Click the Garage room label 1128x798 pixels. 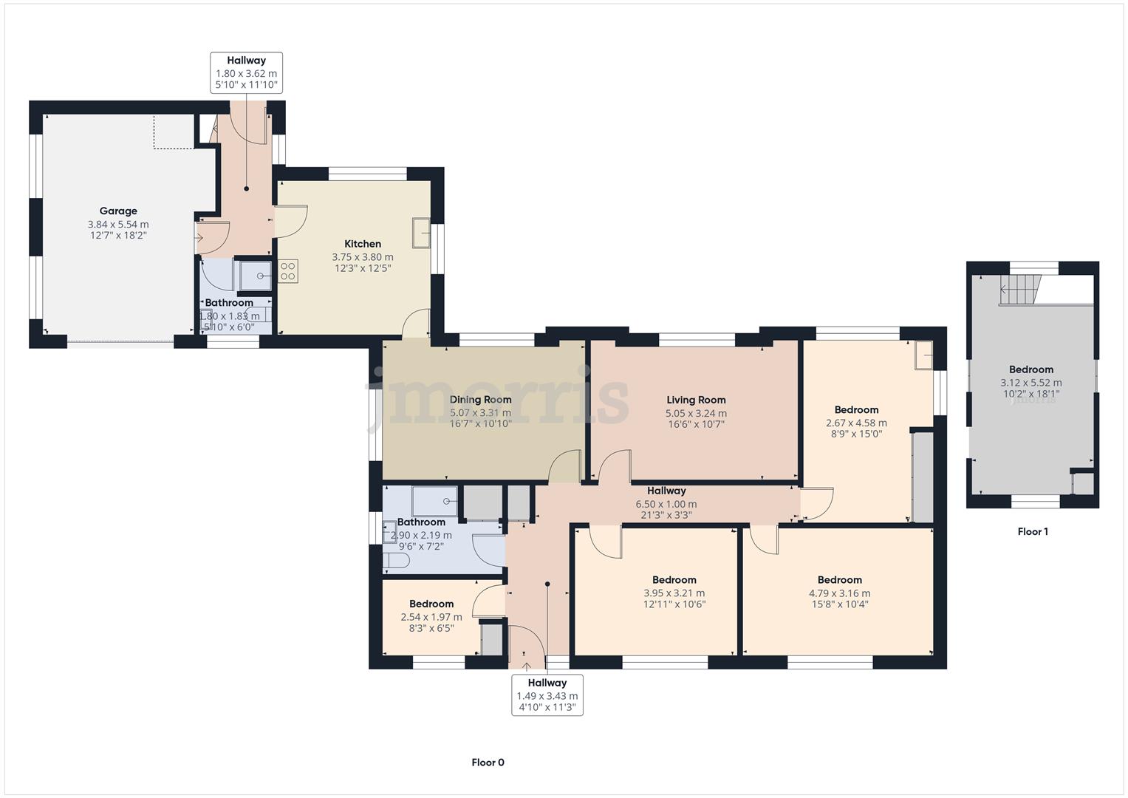pos(118,211)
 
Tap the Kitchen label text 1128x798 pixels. pos(363,244)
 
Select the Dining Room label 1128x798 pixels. pos(480,400)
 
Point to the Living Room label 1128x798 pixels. pos(696,400)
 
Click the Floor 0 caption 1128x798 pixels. pos(488,763)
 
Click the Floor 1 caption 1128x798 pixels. pos(1033,531)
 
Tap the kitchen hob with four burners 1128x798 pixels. pos(287,271)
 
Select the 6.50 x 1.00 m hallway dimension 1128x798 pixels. pos(666,504)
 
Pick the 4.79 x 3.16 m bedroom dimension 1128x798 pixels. pos(839,593)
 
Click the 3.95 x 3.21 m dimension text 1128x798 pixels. pos(674,593)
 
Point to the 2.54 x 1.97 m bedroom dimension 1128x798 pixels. pos(431,617)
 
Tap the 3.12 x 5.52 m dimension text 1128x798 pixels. pos(1030,383)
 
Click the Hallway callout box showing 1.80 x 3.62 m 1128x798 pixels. pos(246,72)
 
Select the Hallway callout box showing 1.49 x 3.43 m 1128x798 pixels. pos(547,695)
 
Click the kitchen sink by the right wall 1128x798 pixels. pos(421,233)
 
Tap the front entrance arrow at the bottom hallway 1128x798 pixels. pos(526,667)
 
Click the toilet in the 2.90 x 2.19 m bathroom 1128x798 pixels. pos(396,561)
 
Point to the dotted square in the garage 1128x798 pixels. pos(174,132)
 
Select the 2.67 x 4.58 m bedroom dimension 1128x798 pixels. pos(856,423)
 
